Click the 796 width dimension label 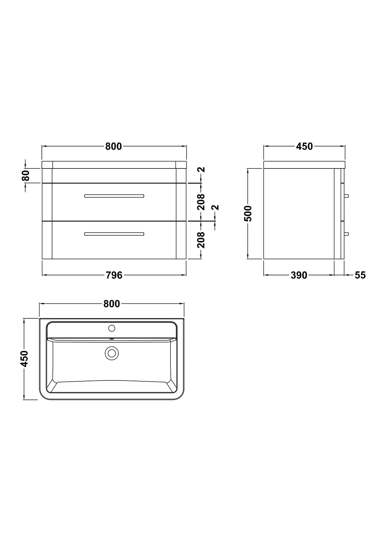pos(114,275)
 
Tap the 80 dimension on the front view pos(26,176)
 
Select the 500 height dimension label pos(248,213)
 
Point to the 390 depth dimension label pos(299,275)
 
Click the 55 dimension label pos(360,275)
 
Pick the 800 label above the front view pos(113,146)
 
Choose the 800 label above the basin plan pos(112,304)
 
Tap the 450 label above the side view pos(304,146)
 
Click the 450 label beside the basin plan pos(25,359)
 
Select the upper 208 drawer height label pos(201,202)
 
